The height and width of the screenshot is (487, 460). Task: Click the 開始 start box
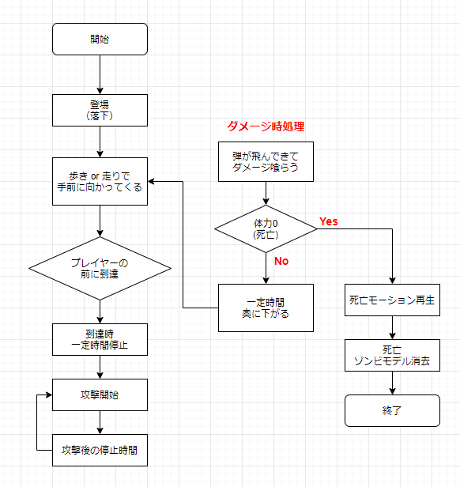[x=100, y=40]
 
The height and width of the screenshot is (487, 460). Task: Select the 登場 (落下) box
[x=100, y=110]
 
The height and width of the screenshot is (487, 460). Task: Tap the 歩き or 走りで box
[x=100, y=181]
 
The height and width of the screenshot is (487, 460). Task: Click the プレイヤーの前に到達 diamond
[x=100, y=268]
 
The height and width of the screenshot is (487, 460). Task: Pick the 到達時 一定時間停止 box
[x=100, y=339]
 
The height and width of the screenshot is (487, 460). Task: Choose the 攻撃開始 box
[x=100, y=395]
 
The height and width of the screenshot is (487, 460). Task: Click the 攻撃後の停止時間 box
[x=100, y=450]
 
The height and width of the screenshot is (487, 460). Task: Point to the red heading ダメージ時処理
[x=266, y=126]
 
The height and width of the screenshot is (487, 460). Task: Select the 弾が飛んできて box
[x=266, y=161]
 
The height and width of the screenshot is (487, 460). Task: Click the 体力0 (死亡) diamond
[x=266, y=229]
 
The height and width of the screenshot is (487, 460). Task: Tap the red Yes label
[x=329, y=221]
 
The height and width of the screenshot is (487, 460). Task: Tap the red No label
[x=281, y=261]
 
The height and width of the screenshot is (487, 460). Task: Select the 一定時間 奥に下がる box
[x=266, y=308]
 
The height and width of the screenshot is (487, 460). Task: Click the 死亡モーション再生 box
[x=392, y=300]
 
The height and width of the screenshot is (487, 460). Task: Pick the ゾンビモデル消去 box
[x=392, y=355]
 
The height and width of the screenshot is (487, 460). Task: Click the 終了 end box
[x=392, y=410]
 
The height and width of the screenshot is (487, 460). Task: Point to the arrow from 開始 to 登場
[x=100, y=74]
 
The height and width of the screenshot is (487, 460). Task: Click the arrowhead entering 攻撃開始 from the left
[x=49, y=395]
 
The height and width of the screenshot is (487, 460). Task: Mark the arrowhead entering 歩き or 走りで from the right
[x=151, y=181]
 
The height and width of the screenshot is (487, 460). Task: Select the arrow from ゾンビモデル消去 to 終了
[x=392, y=383]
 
